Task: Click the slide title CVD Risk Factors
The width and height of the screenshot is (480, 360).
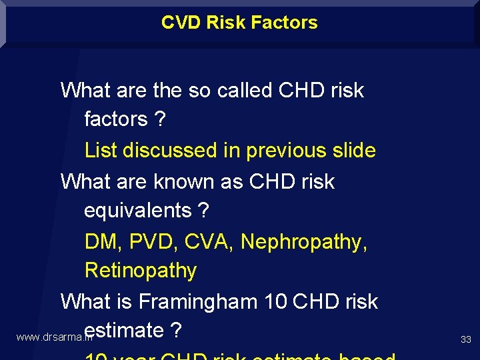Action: pos(239,22)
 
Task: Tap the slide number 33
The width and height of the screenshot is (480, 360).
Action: pos(465,340)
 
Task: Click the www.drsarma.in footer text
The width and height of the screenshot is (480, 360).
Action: pos(53,337)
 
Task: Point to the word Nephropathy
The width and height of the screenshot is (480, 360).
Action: pos(303,241)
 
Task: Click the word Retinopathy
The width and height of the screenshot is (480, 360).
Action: pos(141,271)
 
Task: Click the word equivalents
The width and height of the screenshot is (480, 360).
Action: pos(137,211)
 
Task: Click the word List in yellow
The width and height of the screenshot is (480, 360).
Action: pos(102,150)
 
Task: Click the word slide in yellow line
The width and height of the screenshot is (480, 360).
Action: pos(355,150)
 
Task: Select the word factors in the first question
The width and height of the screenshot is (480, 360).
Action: pos(115,119)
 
